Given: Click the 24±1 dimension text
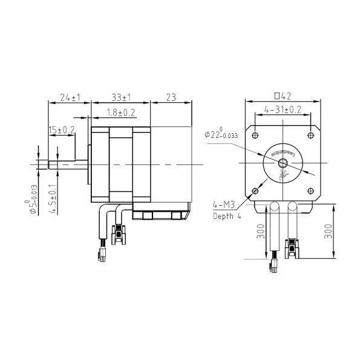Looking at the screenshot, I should [x=70, y=97].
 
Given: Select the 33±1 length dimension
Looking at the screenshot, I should [x=122, y=97].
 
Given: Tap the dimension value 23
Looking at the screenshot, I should [x=170, y=97].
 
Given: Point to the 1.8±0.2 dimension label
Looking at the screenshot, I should [x=120, y=113].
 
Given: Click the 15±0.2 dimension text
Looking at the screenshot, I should [x=62, y=130].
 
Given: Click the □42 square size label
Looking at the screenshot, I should [x=283, y=96].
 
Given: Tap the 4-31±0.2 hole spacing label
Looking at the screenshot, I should [x=283, y=110].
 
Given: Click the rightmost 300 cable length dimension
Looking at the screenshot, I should [x=329, y=232].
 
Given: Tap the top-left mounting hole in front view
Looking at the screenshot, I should [x=255, y=134].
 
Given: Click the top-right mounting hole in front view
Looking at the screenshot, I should [x=311, y=134].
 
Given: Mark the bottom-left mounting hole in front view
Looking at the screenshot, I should [x=255, y=191].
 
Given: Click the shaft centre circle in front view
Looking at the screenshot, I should [x=283, y=162].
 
